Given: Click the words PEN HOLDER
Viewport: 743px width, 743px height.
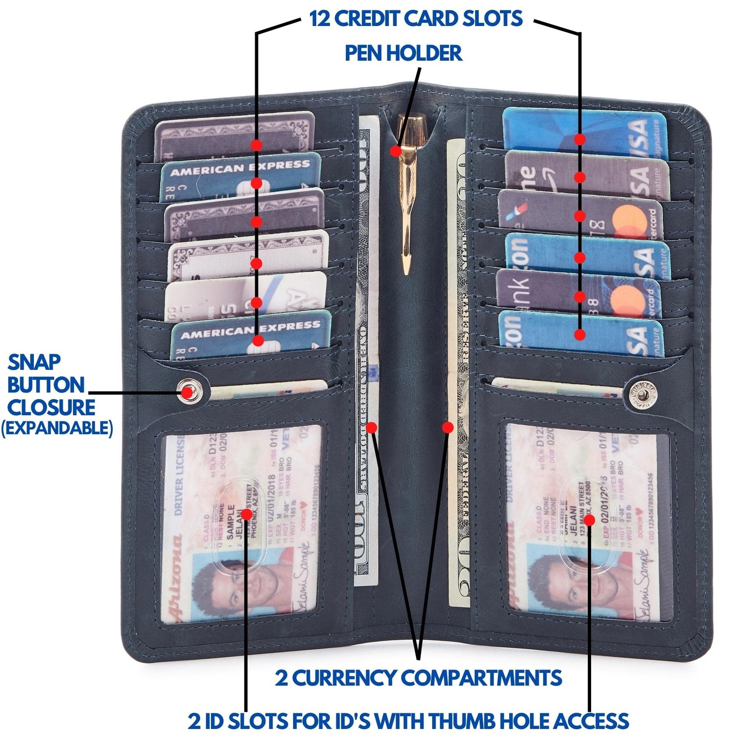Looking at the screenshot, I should (403, 53).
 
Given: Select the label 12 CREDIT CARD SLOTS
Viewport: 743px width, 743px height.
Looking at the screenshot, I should (416, 19).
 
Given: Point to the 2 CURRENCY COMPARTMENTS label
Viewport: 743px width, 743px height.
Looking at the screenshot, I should (418, 678).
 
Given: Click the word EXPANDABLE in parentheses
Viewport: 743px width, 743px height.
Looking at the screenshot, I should (57, 428).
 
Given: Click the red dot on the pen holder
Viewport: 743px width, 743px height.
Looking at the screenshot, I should (395, 151).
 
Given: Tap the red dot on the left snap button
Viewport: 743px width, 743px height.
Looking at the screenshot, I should (187, 392).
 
